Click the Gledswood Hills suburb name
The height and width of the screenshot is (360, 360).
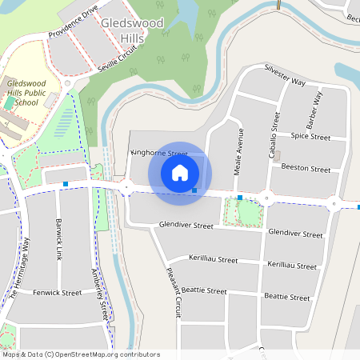[133, 30]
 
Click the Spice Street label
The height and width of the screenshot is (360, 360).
[310, 137]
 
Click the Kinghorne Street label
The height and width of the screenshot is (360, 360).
[158, 153]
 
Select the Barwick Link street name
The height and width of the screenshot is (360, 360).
[58, 240]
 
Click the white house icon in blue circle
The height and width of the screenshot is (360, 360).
[180, 172]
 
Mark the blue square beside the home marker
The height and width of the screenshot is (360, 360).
[194, 190]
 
